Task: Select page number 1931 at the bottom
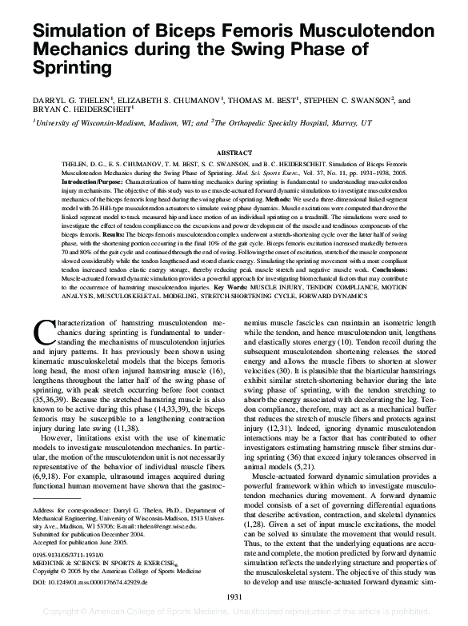234,596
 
